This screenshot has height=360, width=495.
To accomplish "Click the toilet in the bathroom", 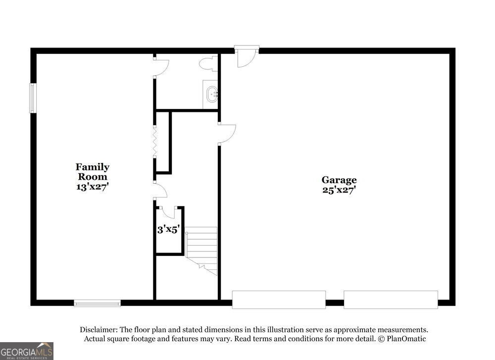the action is (x=208, y=63).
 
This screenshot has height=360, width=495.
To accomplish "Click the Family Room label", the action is (x=93, y=171).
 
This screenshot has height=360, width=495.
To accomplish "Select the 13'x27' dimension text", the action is (x=93, y=187).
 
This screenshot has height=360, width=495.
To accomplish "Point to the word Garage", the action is (x=339, y=180).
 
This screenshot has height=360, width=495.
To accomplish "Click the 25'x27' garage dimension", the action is (x=339, y=190).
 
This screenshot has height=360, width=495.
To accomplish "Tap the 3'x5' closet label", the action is (x=169, y=229).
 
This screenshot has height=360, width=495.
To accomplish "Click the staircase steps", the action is (x=201, y=251).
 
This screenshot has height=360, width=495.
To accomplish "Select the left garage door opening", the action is (x=279, y=300).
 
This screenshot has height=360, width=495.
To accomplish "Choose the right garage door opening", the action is (x=391, y=300).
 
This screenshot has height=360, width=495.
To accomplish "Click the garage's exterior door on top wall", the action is (x=247, y=57).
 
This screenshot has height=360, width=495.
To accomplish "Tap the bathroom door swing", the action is (x=161, y=66).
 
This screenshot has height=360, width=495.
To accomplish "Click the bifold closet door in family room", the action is (x=154, y=141).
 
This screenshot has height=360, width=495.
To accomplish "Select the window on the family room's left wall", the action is (x=33, y=98).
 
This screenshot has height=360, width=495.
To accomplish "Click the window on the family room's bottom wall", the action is (x=97, y=303).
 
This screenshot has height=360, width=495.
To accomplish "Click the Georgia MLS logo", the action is (x=27, y=351).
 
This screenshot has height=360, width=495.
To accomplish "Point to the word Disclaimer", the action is (x=99, y=330).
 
